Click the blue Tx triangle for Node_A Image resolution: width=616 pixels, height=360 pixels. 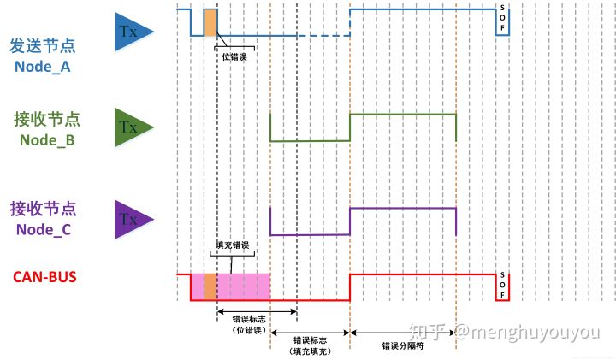tap(132, 32)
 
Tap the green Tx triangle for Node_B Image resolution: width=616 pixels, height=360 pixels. tap(132, 127)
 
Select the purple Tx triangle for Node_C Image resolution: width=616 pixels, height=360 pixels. tap(132, 218)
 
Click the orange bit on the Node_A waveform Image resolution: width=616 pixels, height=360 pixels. tap(210, 21)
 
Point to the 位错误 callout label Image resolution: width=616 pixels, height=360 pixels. tap(235, 56)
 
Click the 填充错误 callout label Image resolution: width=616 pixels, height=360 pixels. tap(231, 245)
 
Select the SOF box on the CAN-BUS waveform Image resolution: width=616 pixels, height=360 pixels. tap(502, 288)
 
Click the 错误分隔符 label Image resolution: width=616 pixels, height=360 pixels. tap(404, 347)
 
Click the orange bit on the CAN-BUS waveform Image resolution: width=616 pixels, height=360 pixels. tap(210, 287)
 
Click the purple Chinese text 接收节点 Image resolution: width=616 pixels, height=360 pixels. tap(46, 209)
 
